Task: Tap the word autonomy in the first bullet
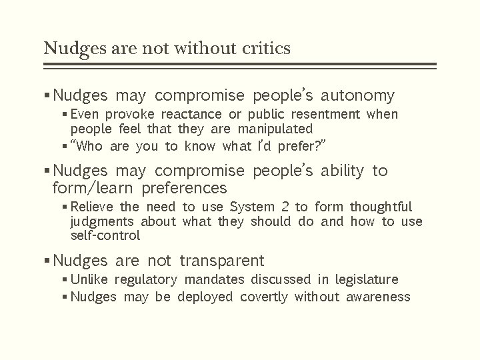click(359, 96)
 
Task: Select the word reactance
click(193, 115)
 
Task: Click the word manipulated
click(276, 128)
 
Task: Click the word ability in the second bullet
click(343, 171)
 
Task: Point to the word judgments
click(103, 221)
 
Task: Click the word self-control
click(105, 235)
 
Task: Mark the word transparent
click(222, 261)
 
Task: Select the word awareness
click(378, 297)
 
